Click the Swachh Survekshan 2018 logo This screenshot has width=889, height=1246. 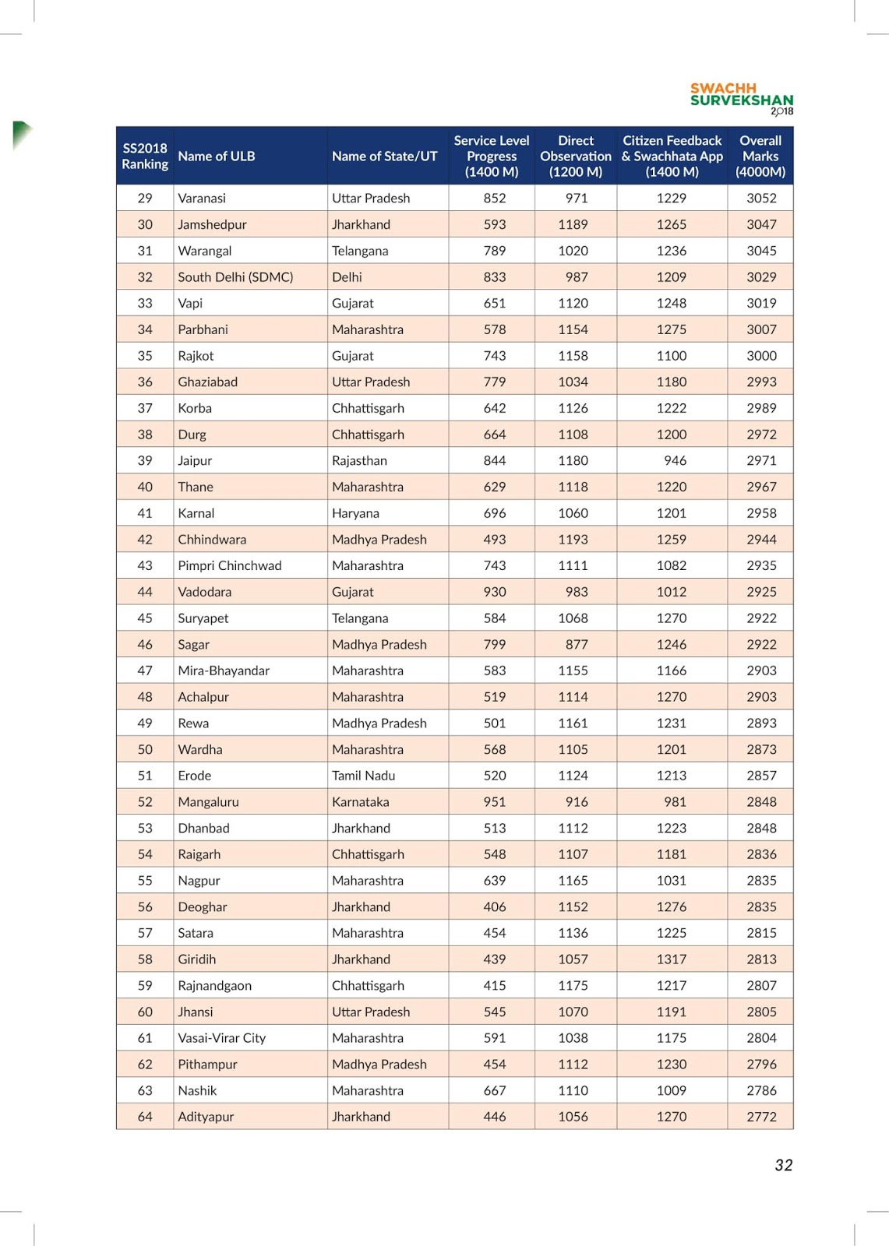(x=741, y=99)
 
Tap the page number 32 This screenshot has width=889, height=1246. (x=783, y=1165)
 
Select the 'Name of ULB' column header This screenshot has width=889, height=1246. (x=217, y=157)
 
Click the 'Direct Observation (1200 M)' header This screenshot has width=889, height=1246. (x=576, y=157)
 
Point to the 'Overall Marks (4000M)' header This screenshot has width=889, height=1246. (x=760, y=157)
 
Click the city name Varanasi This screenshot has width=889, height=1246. (x=202, y=199)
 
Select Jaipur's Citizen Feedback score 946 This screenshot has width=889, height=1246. (x=675, y=461)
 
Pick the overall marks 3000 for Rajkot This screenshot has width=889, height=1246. (x=761, y=356)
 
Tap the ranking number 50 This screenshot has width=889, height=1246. (x=145, y=750)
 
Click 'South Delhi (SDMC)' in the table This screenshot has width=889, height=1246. (x=235, y=277)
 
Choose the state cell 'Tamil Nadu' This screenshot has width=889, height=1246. (x=363, y=776)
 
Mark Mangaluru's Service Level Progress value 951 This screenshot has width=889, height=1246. (x=495, y=802)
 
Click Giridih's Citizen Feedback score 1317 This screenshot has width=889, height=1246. (x=672, y=959)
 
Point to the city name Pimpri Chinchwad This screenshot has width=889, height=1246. (x=230, y=566)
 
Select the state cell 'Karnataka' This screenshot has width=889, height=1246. (x=360, y=802)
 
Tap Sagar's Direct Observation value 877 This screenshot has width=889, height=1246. (x=577, y=645)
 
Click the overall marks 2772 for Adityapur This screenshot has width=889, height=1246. (x=761, y=1117)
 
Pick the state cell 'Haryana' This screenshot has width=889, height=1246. (x=355, y=513)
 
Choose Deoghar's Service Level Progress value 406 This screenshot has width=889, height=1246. (x=495, y=907)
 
